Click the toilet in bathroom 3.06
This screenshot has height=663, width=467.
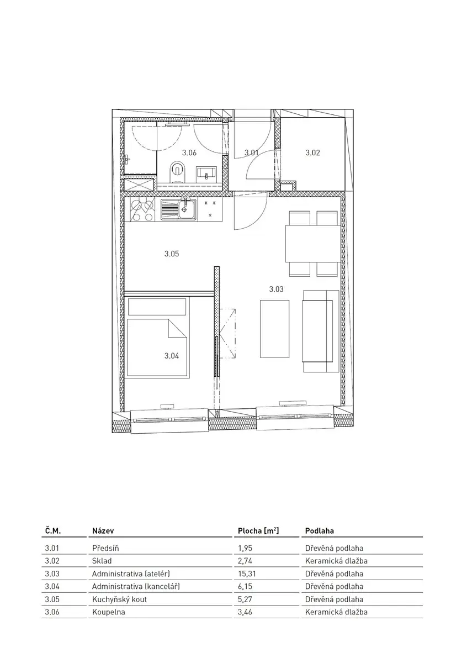pyautogui.click(x=177, y=171)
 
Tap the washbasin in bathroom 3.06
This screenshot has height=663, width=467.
pyautogui.click(x=207, y=173)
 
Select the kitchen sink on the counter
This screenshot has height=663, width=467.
pyautogui.click(x=178, y=209)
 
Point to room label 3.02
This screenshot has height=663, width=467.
pyautogui.click(x=312, y=152)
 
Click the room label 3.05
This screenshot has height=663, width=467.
pyautogui.click(x=172, y=254)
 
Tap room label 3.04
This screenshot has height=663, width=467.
pyautogui.click(x=172, y=356)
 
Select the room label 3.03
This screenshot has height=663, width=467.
pyautogui.click(x=276, y=289)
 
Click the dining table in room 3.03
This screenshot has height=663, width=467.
pyautogui.click(x=312, y=244)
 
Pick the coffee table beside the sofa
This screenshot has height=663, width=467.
pyautogui.click(x=274, y=329)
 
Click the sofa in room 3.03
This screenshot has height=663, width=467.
pyautogui.click(x=321, y=331)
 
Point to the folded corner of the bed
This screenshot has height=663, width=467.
pyautogui.click(x=177, y=328)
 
